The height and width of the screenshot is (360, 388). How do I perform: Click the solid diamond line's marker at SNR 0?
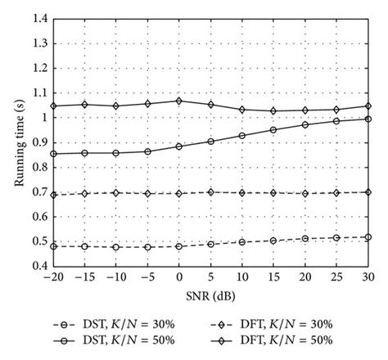(x=179, y=101)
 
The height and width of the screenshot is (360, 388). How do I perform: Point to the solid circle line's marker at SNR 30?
(x=368, y=119)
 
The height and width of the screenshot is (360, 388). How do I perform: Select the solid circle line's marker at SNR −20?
(x=54, y=154)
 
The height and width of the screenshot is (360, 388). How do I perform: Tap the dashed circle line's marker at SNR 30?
(x=368, y=237)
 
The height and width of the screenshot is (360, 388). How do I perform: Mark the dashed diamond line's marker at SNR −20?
(x=54, y=195)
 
